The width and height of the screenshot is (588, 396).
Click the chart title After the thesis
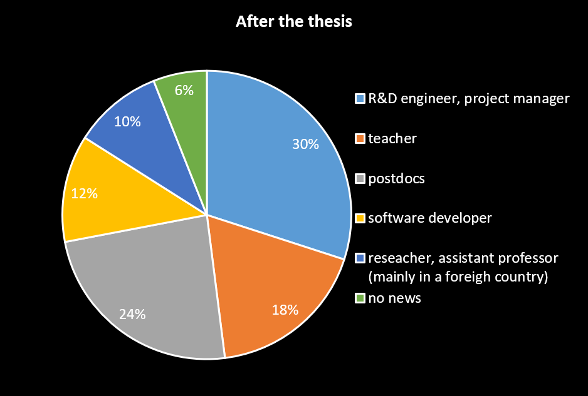(293, 22)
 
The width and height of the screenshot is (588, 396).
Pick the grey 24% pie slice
(157, 282)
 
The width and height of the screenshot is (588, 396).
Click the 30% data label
(305, 145)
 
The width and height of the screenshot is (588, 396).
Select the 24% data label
(132, 315)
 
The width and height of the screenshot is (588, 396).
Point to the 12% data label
(84, 194)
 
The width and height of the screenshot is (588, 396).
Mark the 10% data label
(127, 121)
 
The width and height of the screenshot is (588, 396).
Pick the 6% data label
(184, 90)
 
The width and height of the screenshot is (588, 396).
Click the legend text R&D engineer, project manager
(468, 99)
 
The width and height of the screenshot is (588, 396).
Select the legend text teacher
(392, 138)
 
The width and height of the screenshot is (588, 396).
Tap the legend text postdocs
(396, 179)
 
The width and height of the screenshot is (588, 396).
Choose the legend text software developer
(429, 218)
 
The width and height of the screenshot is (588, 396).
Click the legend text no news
(394, 298)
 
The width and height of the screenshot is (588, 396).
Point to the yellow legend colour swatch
(359, 218)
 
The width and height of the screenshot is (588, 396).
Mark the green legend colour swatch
(359, 298)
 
